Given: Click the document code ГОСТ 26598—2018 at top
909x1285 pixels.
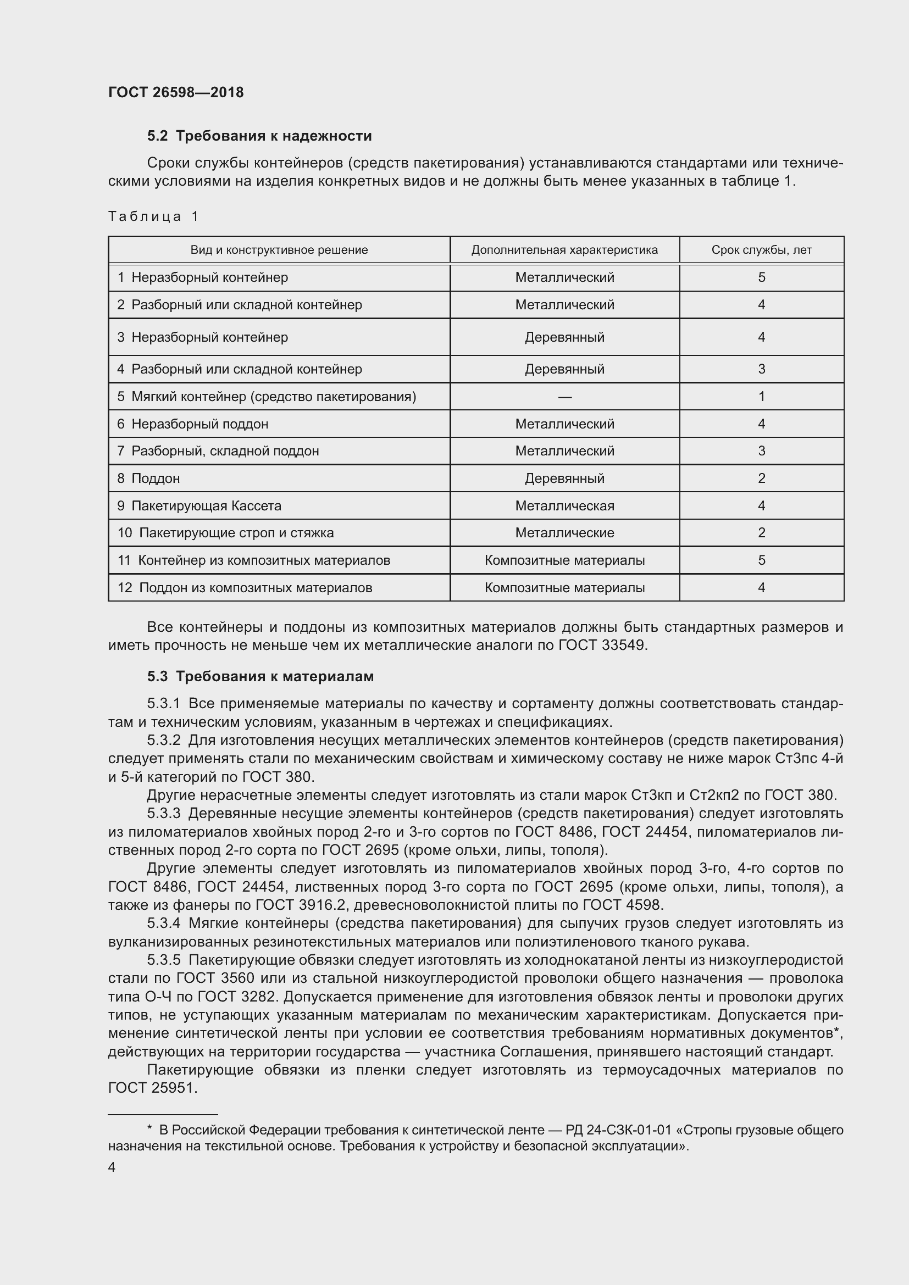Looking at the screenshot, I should tap(176, 92).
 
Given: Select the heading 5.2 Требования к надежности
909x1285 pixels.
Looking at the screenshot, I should tap(259, 136).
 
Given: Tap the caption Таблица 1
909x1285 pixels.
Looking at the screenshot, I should tap(153, 216).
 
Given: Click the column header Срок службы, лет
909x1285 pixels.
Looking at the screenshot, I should tap(761, 250).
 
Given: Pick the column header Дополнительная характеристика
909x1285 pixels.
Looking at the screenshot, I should tap(564, 250).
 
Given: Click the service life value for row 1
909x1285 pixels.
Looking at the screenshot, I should tap(761, 277).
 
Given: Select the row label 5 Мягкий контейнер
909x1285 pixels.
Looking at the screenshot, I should tap(267, 397).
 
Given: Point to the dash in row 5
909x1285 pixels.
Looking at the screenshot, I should tap(565, 397).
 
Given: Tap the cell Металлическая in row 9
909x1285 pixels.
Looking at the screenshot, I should tap(564, 506).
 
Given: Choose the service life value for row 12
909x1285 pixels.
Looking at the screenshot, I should tap(761, 588).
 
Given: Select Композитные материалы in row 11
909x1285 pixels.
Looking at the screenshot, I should tap(564, 560).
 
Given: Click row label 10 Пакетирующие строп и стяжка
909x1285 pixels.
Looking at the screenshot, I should tap(225, 533).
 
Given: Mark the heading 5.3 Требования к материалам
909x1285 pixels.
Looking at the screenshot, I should tap(260, 677).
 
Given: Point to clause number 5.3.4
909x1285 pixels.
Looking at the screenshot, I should tap(164, 923).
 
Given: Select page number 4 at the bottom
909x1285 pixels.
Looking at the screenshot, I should tap(112, 1167).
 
